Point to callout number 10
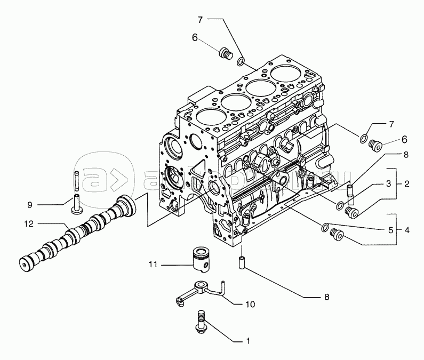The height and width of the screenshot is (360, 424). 250,305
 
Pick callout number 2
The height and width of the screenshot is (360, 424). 406,184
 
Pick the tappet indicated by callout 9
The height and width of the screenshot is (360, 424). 75,203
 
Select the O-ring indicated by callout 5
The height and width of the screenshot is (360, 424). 325,228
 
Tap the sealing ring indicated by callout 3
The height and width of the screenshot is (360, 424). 340,205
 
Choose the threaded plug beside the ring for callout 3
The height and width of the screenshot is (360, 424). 351,212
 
